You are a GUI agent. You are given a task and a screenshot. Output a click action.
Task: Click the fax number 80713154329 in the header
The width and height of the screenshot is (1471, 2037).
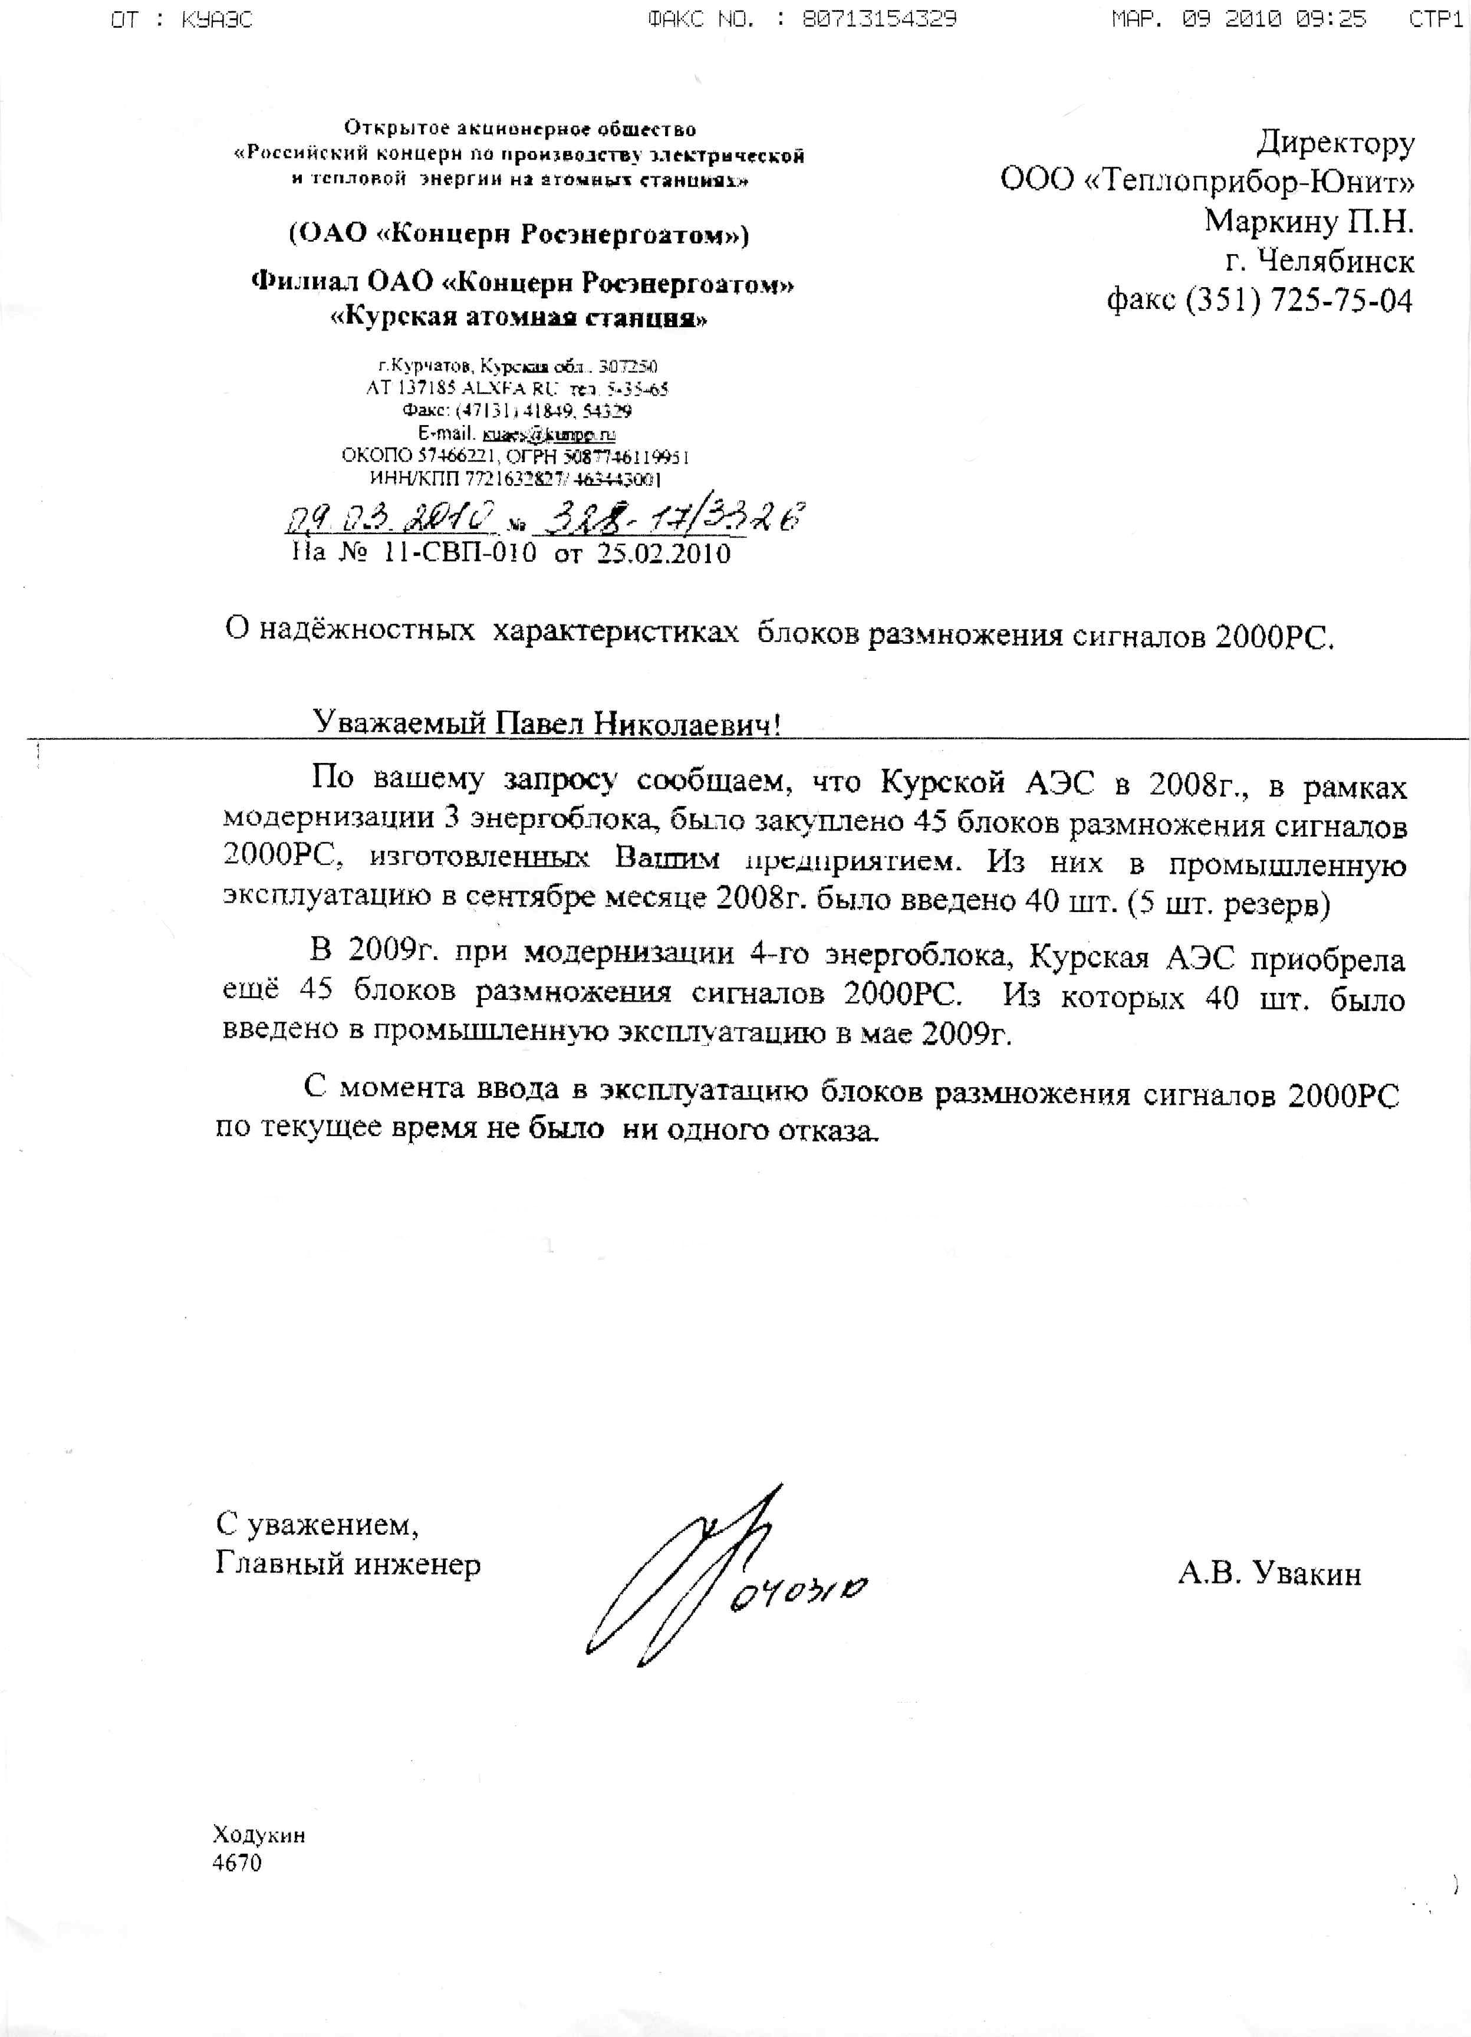point(879,19)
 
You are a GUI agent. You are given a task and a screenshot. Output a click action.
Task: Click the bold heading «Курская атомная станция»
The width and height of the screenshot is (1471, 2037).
point(519,319)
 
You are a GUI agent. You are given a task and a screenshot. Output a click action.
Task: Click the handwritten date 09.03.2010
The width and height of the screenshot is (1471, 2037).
point(393,518)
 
